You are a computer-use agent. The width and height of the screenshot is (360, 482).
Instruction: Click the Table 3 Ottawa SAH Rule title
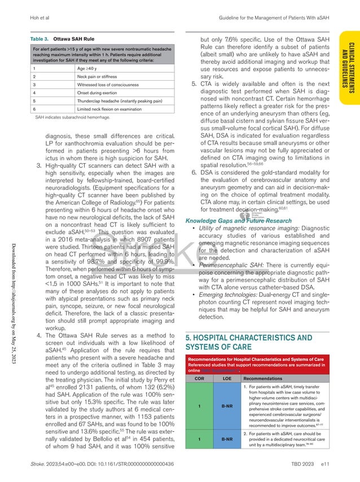(x=62, y=41)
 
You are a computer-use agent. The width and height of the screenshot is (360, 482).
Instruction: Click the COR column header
(x=200, y=378)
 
